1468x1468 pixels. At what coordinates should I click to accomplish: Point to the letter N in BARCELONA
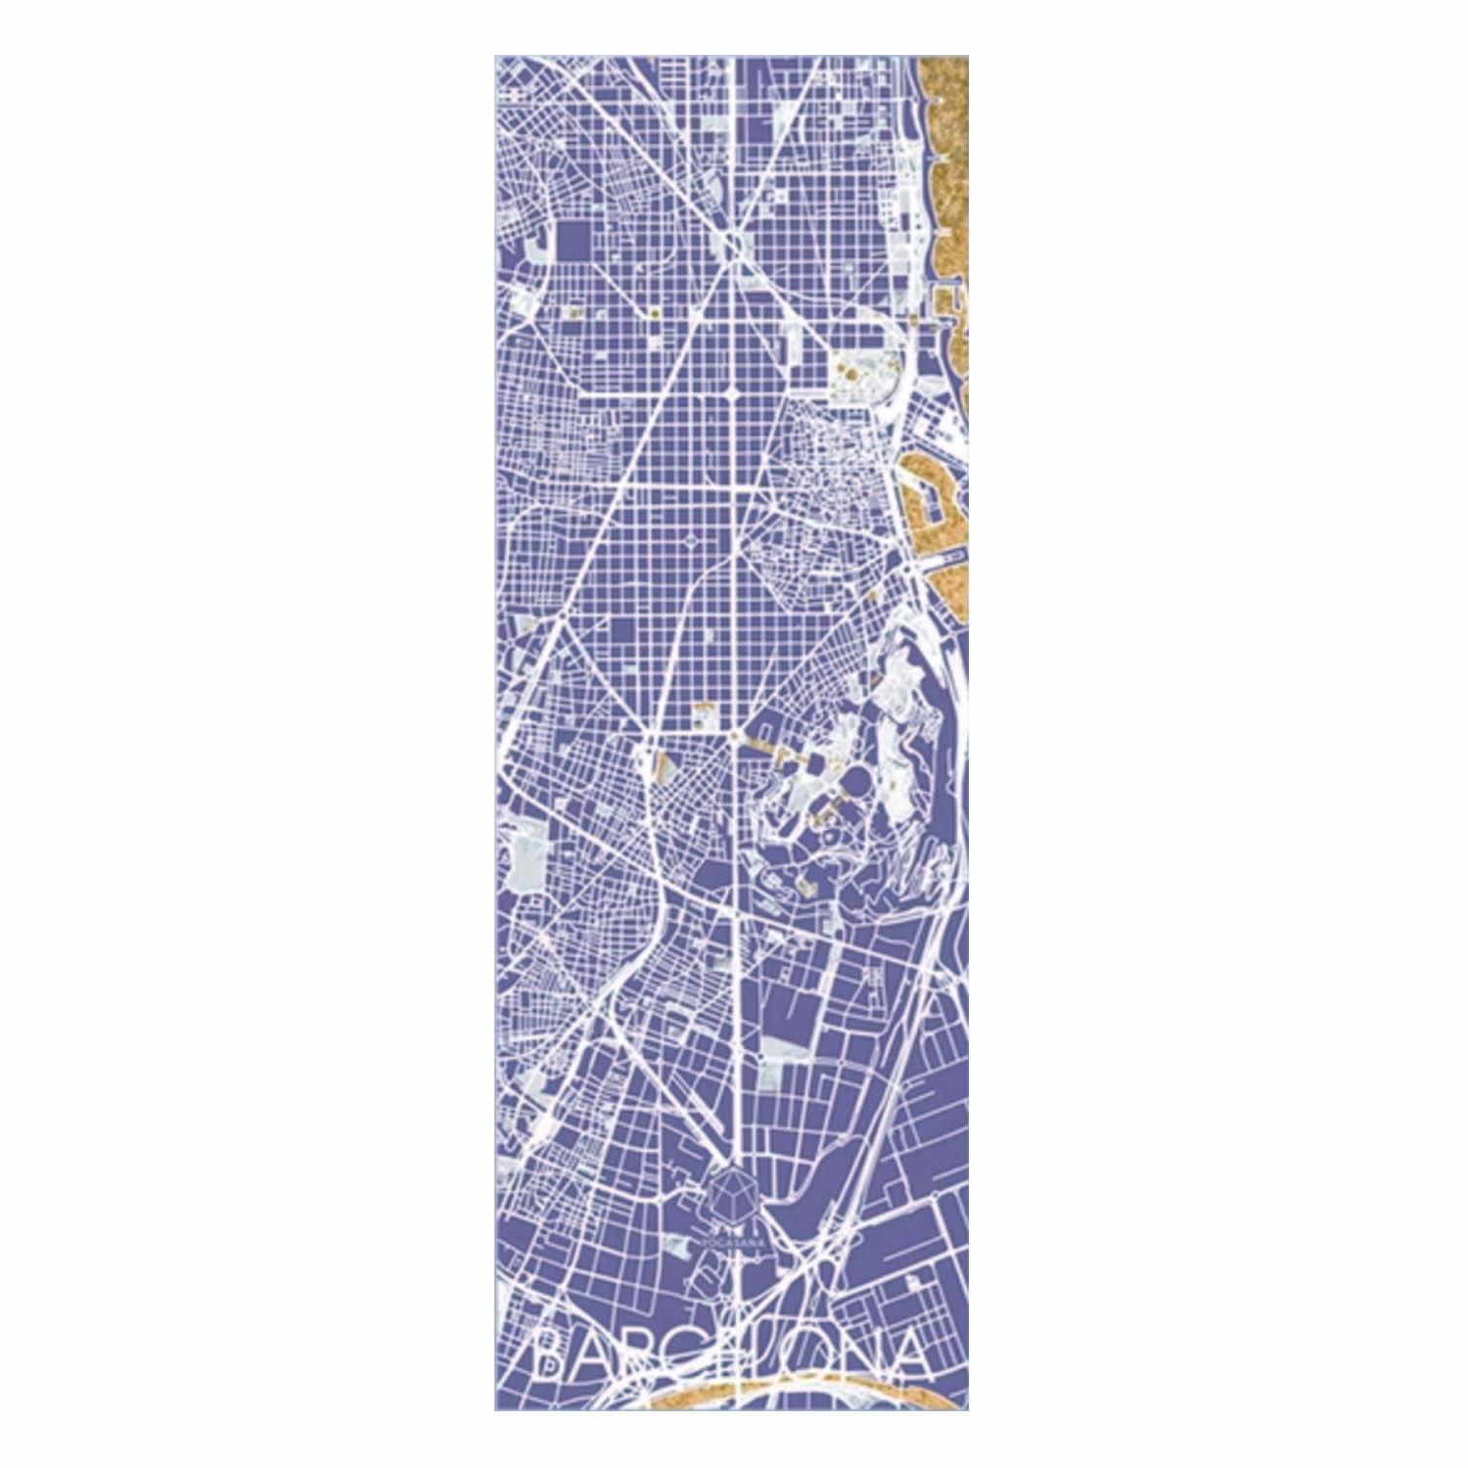point(848,1353)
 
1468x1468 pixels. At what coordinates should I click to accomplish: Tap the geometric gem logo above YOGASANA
point(731,1197)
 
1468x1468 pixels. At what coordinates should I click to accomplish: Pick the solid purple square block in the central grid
point(621,630)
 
